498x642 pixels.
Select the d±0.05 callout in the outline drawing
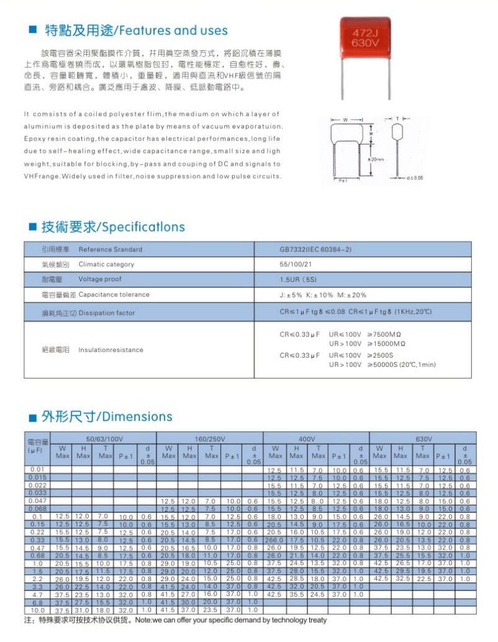414,178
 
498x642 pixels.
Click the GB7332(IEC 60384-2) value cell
315,250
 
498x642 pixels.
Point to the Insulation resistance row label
111,350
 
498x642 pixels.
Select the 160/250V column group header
209,438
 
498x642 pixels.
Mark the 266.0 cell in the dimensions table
274,540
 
